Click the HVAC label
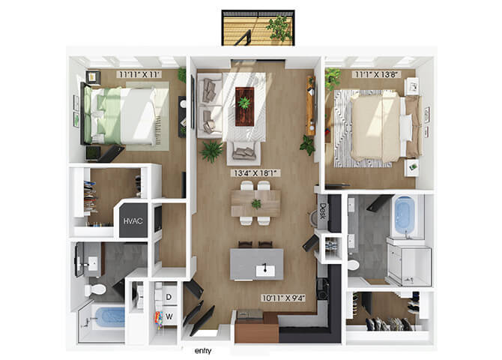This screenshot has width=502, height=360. coord(133,220)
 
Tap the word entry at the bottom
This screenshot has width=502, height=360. coord(203,351)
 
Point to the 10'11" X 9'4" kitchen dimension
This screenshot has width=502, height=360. coord(284,298)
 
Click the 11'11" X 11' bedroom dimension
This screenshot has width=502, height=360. coord(139,75)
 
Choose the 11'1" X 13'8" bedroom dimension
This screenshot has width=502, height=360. coord(377,75)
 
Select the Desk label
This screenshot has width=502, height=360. coord(322,211)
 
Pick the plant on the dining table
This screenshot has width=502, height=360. coord(256,203)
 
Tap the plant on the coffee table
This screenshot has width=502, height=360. coord(245,103)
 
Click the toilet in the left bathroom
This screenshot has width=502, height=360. coord(95,289)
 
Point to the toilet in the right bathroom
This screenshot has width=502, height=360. coord(354,265)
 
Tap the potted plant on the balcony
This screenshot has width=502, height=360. coord(279,28)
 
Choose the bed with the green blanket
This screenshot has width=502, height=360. coord(118,115)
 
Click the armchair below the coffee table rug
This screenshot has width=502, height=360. coord(244,153)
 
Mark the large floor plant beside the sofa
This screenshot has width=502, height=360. coord(211,151)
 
